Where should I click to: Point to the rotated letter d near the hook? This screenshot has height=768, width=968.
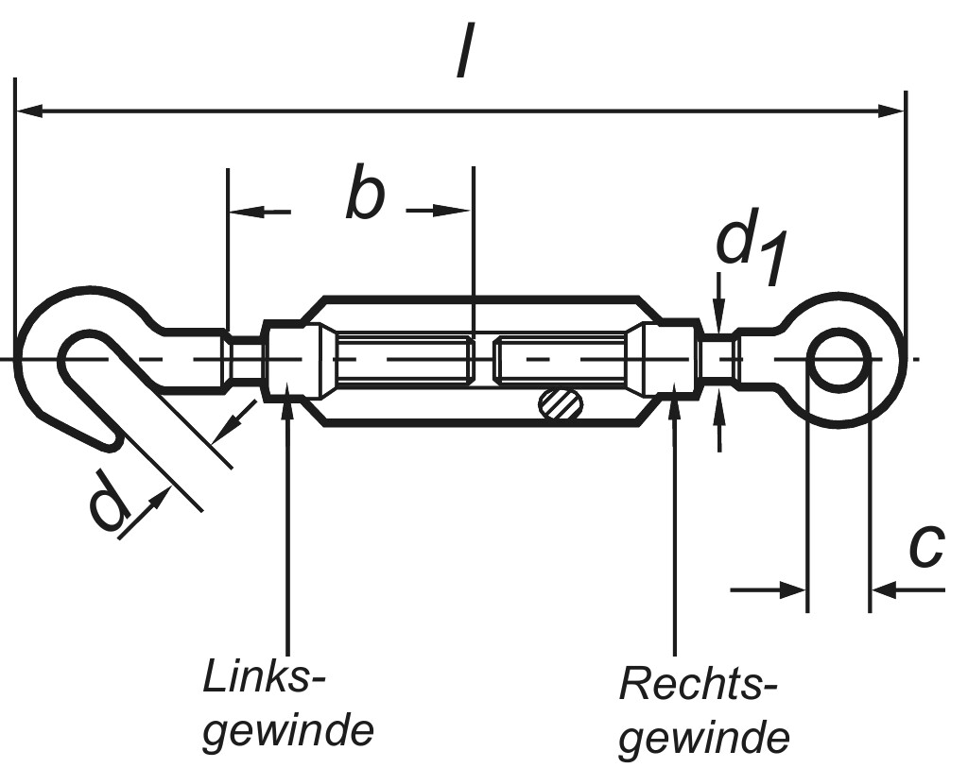[x=110, y=502]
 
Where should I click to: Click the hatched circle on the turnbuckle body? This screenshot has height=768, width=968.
[x=561, y=403]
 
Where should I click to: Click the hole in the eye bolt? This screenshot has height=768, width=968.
[x=838, y=359]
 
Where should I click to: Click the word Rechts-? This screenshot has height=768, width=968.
[x=699, y=683]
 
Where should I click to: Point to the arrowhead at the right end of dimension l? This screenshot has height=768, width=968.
[x=893, y=111]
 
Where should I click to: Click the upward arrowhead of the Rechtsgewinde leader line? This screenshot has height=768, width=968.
[x=674, y=409]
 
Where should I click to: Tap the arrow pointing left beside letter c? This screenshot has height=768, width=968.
[x=884, y=590]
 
